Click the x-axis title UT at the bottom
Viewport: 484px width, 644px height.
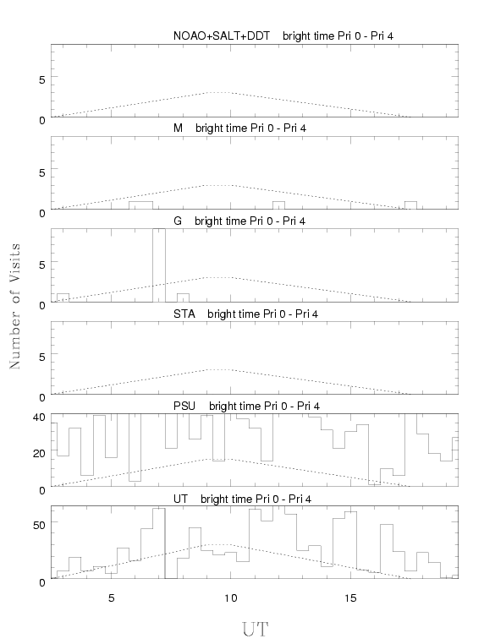point(255,630)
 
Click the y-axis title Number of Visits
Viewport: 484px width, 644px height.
point(14,306)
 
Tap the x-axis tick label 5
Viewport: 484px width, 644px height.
point(112,598)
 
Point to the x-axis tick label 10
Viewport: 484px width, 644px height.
point(231,598)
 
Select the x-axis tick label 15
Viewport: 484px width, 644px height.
point(350,598)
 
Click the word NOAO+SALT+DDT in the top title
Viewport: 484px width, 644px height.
point(222,36)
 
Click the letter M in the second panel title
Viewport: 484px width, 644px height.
point(178,128)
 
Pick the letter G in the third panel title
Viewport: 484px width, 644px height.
point(178,221)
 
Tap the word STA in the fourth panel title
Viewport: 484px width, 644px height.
point(184,314)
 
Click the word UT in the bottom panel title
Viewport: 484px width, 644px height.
point(180,499)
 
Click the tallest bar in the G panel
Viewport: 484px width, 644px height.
point(159,265)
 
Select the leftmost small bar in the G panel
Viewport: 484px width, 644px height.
point(63,297)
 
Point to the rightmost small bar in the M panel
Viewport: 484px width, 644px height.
point(410,205)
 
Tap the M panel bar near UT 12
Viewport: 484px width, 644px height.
point(278,205)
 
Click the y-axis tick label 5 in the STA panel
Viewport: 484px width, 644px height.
point(42,357)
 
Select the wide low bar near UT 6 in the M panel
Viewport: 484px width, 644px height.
point(140,205)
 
